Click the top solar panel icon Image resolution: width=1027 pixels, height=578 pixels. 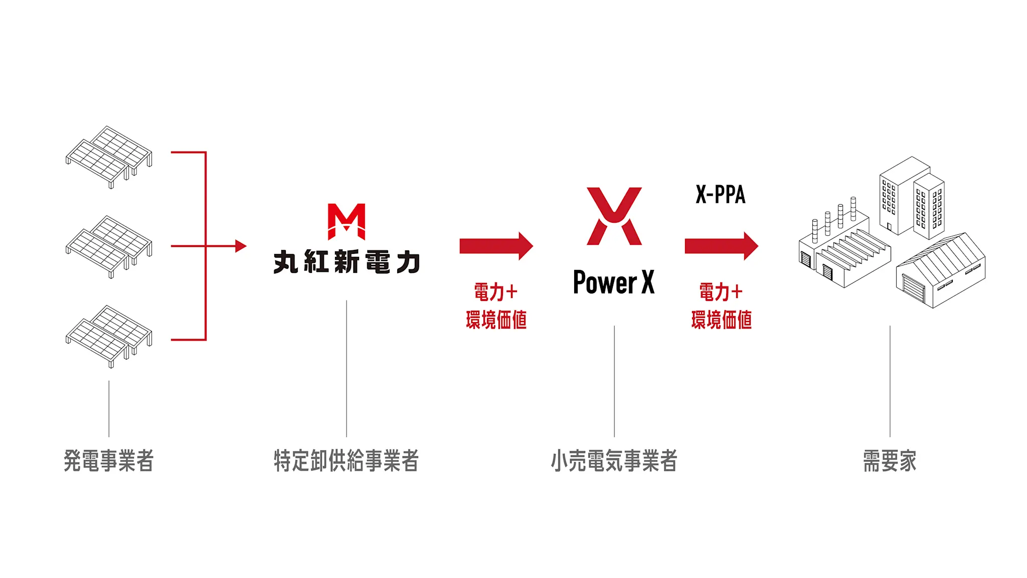click(109, 157)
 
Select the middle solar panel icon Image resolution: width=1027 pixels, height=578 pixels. click(109, 246)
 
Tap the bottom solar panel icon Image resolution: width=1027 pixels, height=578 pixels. click(109, 336)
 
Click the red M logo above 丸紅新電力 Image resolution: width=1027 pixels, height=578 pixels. click(347, 221)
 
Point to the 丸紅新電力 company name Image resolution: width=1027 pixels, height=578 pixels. click(347, 262)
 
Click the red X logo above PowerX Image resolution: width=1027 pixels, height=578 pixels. click(614, 216)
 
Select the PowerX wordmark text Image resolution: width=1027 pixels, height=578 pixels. click(614, 282)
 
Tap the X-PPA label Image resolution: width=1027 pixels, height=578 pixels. click(721, 195)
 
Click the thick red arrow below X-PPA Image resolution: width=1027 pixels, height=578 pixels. click(721, 246)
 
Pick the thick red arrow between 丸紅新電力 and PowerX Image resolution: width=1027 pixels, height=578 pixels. click(496, 246)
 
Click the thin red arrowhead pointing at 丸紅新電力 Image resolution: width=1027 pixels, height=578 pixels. click(241, 246)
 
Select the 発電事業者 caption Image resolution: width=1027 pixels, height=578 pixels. click(109, 461)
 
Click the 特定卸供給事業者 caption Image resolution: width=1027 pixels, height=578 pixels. click(347, 461)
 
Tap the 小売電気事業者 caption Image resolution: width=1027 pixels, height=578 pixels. click(614, 461)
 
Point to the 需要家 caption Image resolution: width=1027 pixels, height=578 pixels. click(890, 461)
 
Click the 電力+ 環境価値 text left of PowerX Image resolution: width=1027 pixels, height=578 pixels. click(496, 306)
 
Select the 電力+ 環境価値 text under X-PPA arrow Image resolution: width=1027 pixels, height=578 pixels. click(721, 306)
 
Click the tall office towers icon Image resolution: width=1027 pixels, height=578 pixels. click(912, 198)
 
